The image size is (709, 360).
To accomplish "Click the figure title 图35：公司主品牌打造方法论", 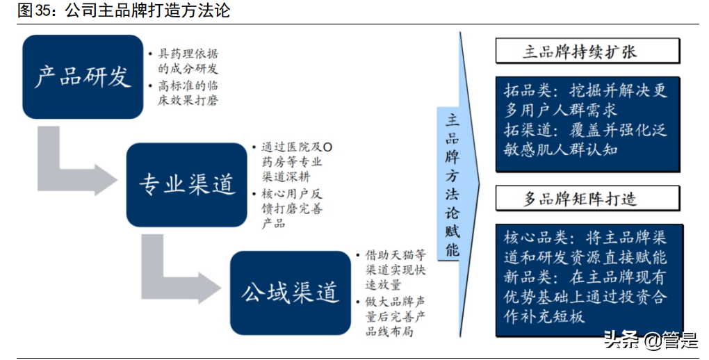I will coord(115,10).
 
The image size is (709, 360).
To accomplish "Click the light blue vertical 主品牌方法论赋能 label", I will coord(453,184).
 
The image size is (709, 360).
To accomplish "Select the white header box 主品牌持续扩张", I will coord(587,52).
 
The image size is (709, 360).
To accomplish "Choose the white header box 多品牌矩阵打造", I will coord(587,199).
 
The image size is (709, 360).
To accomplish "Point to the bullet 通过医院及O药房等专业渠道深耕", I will coord(292,162).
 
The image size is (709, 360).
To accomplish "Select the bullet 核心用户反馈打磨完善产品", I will coord(292,207).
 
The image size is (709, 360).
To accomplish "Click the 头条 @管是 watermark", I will coord(650,341).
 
